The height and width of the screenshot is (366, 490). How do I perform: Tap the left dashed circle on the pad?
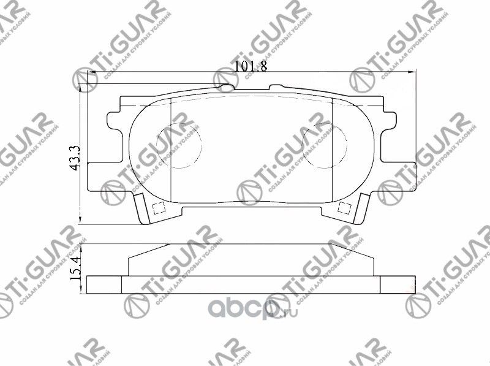click(x=178, y=145)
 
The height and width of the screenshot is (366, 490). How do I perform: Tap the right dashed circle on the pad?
click(x=325, y=145)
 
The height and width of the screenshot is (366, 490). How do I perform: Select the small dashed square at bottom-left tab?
click(x=157, y=208)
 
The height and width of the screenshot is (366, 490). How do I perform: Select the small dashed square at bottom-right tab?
click(x=345, y=207)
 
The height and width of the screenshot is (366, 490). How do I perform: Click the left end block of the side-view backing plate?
click(x=105, y=284)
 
